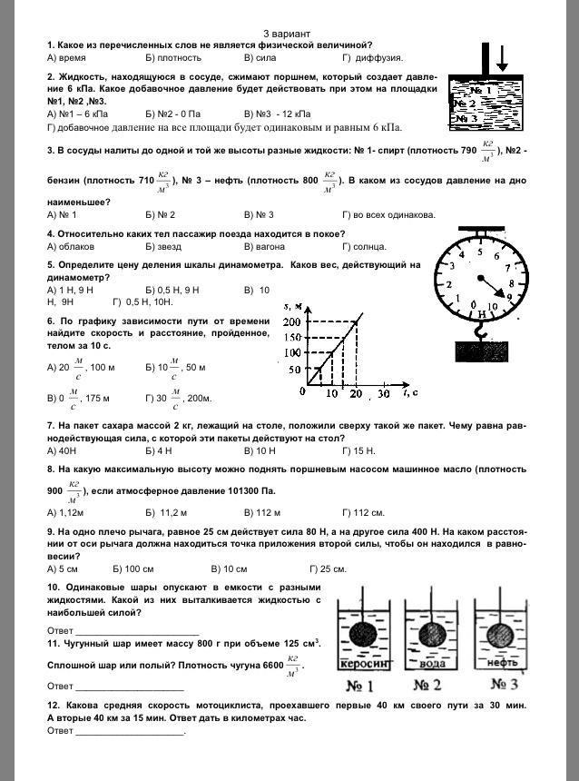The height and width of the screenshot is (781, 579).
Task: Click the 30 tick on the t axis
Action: point(383,393)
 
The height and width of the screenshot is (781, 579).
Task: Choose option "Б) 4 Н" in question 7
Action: point(159,450)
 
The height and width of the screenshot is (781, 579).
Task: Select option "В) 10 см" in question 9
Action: point(229,568)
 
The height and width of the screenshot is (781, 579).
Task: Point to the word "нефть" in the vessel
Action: point(503,662)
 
